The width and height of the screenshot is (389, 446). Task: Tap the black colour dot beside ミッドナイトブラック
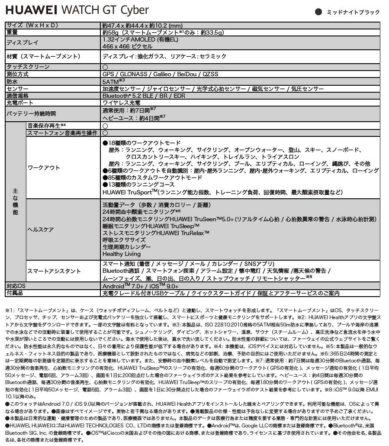(319, 12)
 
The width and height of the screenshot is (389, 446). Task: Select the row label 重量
(12, 32)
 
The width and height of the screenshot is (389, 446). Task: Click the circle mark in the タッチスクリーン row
(105, 67)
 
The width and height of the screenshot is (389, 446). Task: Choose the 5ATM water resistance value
(113, 81)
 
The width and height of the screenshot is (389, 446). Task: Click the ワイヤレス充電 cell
(121, 103)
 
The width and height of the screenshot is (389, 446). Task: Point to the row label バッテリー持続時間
(31, 114)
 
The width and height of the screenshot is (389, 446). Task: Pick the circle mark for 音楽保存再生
(105, 126)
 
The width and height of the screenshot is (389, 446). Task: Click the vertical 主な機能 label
(15, 202)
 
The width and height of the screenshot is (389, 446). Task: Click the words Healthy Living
(121, 254)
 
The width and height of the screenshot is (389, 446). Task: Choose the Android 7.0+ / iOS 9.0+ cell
(140, 286)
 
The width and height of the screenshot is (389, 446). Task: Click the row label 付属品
(15, 293)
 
